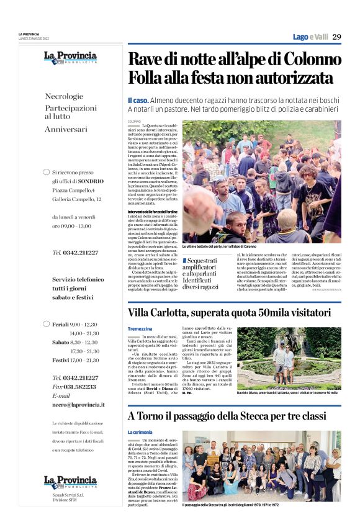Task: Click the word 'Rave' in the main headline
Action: [x=145, y=61]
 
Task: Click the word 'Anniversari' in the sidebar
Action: [x=66, y=129]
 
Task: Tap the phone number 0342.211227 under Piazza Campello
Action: [x=75, y=252]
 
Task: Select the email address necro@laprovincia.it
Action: [x=78, y=404]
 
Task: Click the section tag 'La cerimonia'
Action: [x=140, y=431]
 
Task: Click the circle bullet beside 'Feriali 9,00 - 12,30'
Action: [x=46, y=324]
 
